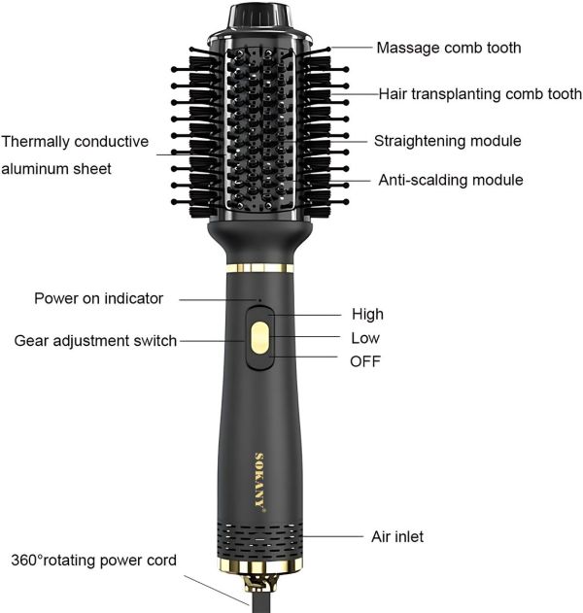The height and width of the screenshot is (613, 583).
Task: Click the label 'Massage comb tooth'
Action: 449,48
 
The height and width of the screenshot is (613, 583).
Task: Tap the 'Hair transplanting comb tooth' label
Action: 480,94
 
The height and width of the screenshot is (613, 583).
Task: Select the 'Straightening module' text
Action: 447,141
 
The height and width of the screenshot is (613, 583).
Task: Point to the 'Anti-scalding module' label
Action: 451,180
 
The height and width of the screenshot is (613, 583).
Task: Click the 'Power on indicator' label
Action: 98,298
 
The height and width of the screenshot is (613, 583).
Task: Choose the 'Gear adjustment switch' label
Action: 95,341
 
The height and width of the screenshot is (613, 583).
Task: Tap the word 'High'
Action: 367,315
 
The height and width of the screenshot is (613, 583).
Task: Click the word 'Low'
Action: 365,338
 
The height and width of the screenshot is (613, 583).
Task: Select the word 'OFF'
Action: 365,361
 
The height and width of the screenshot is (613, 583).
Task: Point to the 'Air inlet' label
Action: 397,537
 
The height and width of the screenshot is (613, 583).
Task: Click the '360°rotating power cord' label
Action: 94,561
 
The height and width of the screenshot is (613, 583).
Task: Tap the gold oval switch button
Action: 260,338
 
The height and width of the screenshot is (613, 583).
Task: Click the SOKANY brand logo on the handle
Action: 259,482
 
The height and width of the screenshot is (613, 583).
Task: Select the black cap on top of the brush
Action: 259,19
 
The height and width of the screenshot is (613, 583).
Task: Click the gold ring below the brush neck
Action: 260,268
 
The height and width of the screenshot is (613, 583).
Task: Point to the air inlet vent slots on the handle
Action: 260,540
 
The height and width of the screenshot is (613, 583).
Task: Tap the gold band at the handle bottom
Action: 260,566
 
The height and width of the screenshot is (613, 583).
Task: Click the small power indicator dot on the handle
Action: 259,300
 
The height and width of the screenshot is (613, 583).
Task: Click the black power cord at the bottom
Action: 260,603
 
